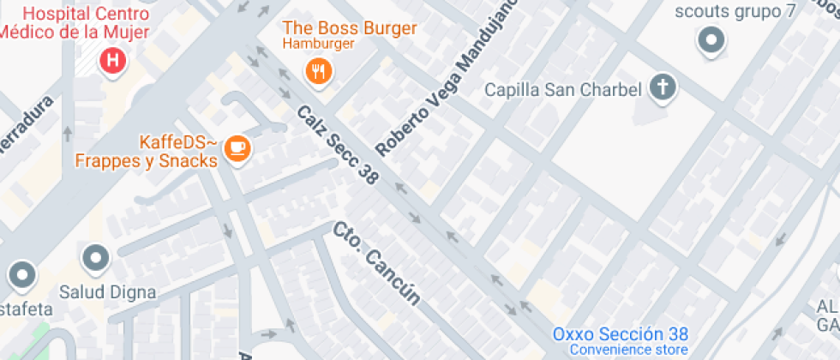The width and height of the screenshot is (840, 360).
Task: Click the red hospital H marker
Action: pyautogui.click(x=111, y=61)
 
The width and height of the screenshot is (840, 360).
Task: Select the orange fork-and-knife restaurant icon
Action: pyautogui.click(x=319, y=71)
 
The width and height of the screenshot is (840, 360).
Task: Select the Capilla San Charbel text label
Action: pyautogui.click(x=562, y=89)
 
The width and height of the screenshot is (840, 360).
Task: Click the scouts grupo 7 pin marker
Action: pyautogui.click(x=711, y=39)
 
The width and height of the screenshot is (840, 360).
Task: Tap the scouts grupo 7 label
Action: pyautogui.click(x=735, y=11)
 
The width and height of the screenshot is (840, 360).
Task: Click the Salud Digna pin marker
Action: pyautogui.click(x=95, y=257)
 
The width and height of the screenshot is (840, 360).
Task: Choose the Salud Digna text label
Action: pyautogui.click(x=107, y=292)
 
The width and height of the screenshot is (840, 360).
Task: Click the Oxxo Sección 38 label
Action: pyautogui.click(x=620, y=334)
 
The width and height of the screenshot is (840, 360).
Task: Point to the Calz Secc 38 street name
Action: pyautogui.click(x=338, y=146)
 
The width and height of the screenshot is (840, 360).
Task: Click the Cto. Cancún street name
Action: pyautogui.click(x=377, y=264)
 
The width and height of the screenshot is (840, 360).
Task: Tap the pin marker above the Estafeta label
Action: pyautogui.click(x=21, y=276)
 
